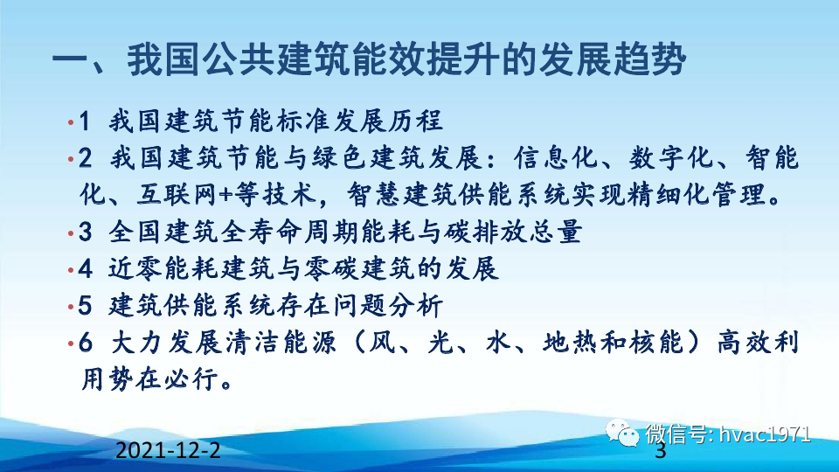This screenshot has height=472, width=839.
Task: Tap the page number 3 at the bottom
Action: click(x=660, y=452)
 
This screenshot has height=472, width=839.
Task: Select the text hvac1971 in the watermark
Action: click(x=764, y=434)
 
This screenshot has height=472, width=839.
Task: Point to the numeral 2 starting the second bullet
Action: click(x=85, y=159)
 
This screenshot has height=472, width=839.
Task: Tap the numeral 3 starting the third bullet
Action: click(x=85, y=233)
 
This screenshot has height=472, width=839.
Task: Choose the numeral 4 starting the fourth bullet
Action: click(x=85, y=269)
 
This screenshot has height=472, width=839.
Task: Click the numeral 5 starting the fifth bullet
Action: click(x=85, y=307)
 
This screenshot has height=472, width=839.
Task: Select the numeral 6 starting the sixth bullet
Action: click(x=85, y=344)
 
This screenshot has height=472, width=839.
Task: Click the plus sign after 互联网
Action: click(x=225, y=192)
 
